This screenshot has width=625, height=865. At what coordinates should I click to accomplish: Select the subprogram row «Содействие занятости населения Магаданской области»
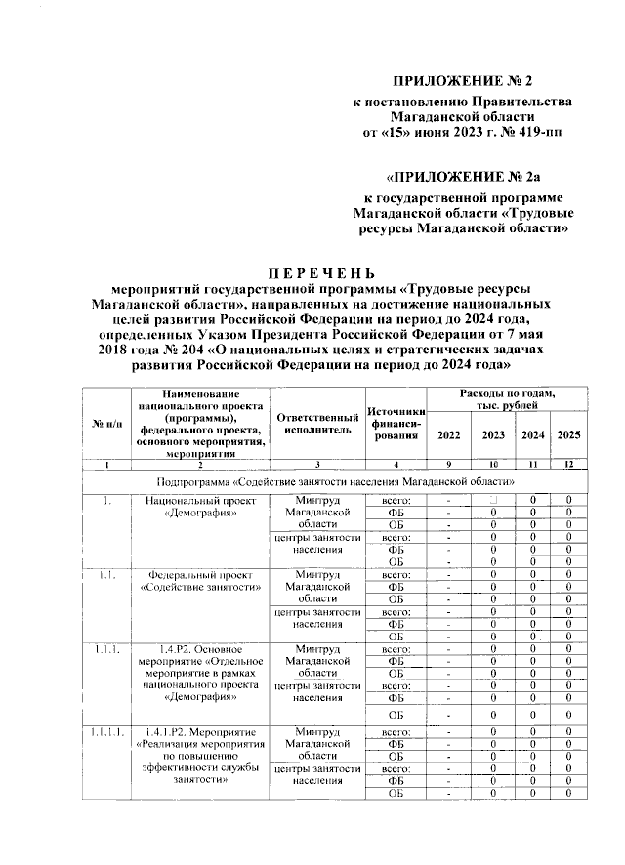tap(336, 482)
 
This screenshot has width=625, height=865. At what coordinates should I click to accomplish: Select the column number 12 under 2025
tap(568, 464)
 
